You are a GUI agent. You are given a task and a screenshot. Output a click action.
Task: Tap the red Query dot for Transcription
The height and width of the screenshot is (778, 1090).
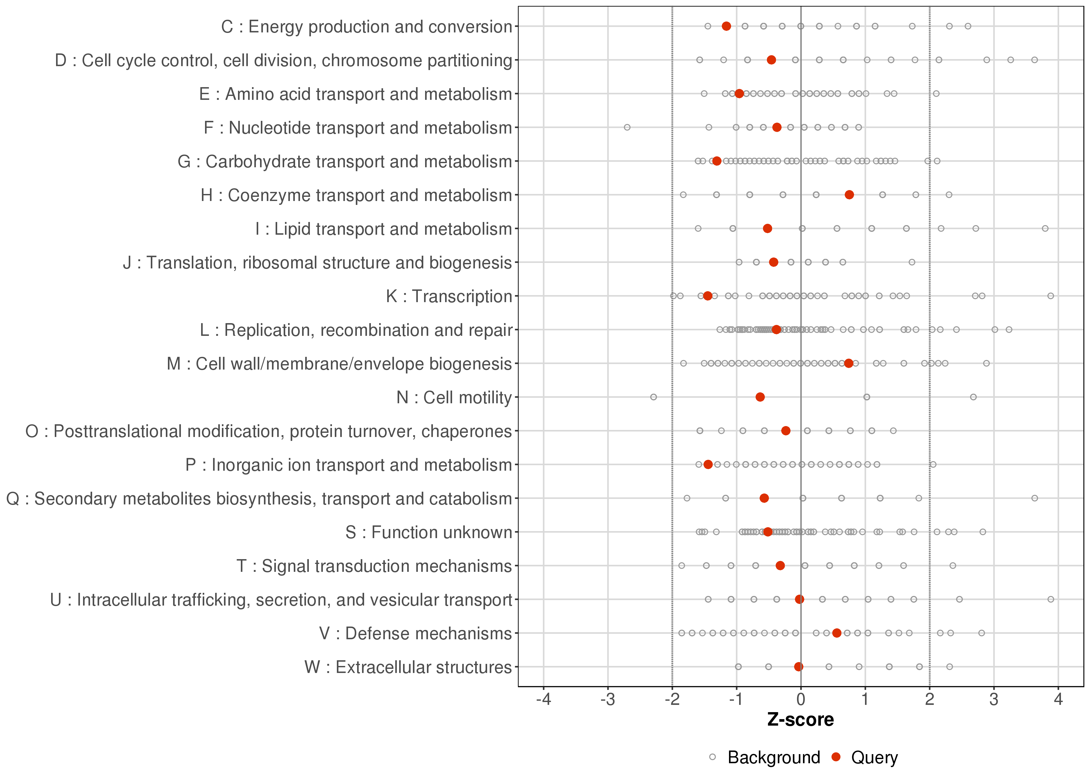pos(707,296)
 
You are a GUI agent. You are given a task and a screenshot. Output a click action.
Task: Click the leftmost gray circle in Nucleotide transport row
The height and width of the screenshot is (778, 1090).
pos(627,127)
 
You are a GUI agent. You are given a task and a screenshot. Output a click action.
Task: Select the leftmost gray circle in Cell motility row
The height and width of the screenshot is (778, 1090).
pos(653,397)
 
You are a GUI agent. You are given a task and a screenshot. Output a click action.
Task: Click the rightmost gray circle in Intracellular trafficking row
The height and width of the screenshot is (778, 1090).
pos(1051,599)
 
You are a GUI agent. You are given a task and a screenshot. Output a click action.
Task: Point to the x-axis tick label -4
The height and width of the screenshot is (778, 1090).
pos(543,700)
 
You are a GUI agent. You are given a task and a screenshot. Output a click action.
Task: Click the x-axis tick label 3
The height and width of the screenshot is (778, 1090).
pos(994,700)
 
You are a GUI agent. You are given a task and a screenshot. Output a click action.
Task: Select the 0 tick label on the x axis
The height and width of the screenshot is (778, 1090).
pos(800,700)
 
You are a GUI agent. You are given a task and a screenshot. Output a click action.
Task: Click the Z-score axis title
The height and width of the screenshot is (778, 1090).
pos(800,720)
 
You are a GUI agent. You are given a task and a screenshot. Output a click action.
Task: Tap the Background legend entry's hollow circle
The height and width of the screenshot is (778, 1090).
pos(712,758)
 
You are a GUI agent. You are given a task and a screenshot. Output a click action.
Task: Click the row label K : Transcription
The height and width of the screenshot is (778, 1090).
pos(449,296)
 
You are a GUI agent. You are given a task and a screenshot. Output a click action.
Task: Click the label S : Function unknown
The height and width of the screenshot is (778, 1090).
pos(429,532)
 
